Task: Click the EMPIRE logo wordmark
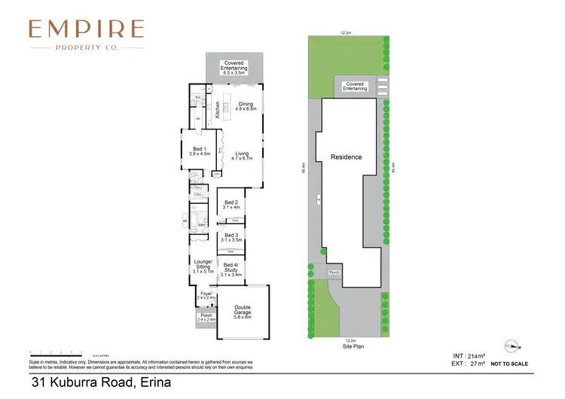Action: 86,29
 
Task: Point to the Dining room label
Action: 246,106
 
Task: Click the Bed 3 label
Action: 231,236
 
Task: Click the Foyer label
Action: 206,295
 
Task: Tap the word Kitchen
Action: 218,110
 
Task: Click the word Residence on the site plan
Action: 347,157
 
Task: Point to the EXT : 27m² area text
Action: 468,364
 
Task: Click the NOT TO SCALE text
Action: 508,364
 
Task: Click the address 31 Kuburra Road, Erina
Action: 101,382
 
